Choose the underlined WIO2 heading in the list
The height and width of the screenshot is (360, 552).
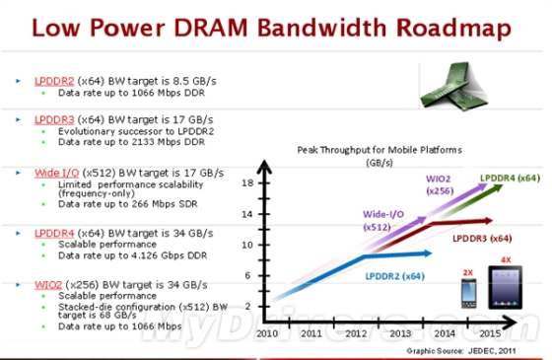45,284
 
